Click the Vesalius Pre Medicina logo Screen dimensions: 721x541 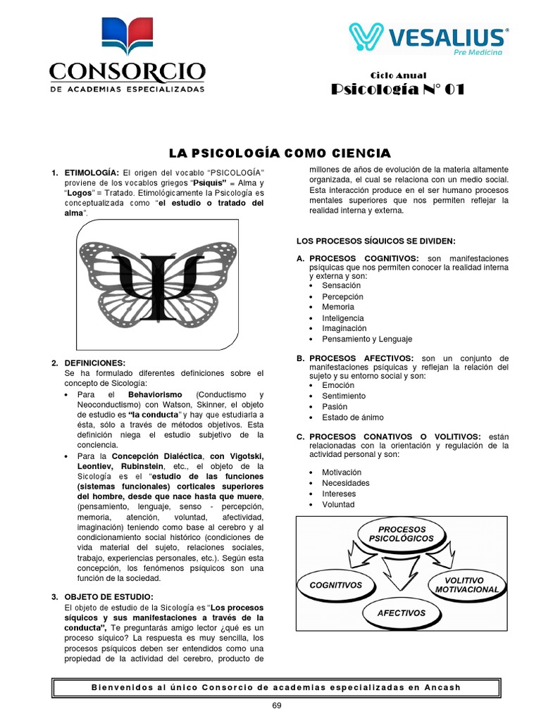point(427,39)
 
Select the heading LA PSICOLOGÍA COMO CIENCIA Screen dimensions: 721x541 point(279,153)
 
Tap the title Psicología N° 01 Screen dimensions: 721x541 point(398,89)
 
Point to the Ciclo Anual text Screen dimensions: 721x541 point(398,75)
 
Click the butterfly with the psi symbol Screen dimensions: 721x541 point(158,283)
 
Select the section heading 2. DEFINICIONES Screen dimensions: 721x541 point(94,363)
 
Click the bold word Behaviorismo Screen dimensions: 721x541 point(155,394)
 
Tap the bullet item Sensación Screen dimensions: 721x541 point(341,286)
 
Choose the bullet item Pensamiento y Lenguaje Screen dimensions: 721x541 point(366,339)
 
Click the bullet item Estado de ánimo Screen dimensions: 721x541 point(353,418)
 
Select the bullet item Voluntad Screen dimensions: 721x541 point(338,505)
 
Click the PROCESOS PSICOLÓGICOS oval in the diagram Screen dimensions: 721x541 point(402,534)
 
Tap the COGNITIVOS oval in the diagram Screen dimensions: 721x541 point(336,585)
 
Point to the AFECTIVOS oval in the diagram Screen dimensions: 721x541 point(401,613)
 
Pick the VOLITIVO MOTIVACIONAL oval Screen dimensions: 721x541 point(466,584)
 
